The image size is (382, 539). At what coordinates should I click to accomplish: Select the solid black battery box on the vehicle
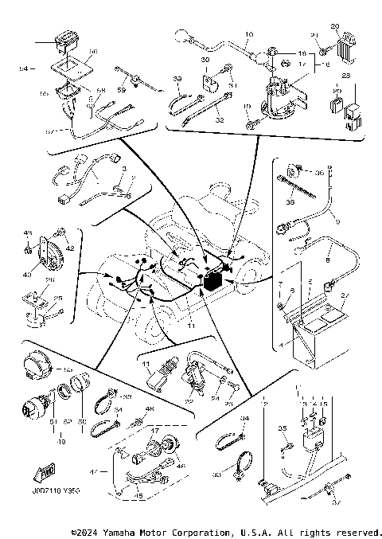[x=213, y=279]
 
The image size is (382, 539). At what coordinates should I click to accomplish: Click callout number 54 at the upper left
[x=23, y=70]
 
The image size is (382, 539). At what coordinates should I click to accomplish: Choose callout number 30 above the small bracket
[x=205, y=61]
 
